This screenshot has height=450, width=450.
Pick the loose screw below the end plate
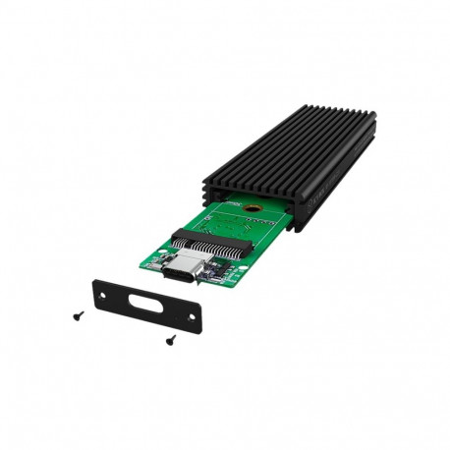pyautogui.click(x=169, y=340)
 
